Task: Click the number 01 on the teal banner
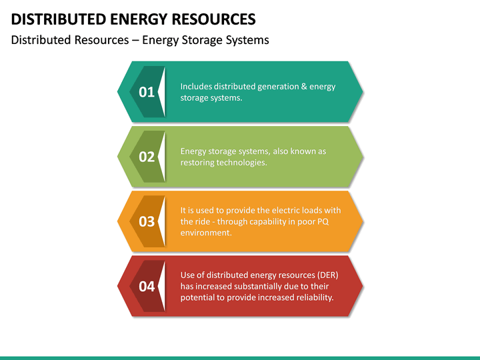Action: coord(147,92)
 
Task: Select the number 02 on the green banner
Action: coord(147,157)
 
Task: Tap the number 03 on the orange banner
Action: coord(147,221)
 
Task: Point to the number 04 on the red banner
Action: coord(147,286)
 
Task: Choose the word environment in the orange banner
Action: coord(206,233)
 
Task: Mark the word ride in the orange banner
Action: coord(204,221)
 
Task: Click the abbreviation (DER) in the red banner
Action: coord(327,275)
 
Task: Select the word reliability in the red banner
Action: coord(313,297)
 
